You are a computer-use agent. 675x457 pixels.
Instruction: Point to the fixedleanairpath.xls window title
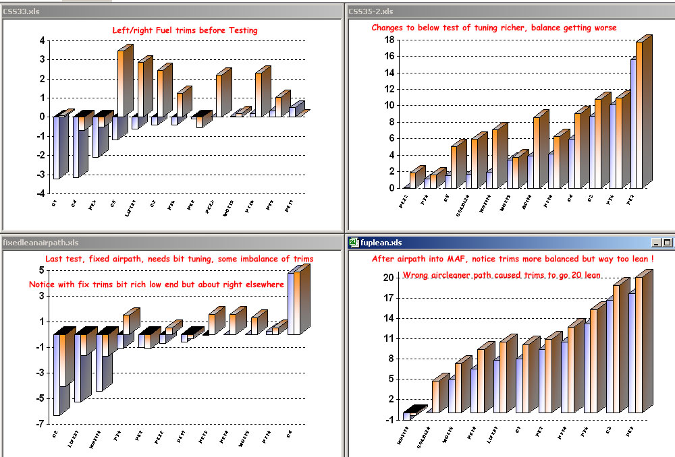coord(41,243)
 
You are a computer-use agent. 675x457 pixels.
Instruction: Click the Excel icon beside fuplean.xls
coord(353,243)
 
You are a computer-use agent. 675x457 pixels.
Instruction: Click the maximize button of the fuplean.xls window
coord(668,243)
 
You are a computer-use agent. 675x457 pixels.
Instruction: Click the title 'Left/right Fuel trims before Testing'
coord(185,30)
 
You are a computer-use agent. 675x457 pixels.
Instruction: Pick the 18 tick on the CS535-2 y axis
coord(389,40)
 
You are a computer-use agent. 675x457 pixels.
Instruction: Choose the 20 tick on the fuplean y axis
coord(389,278)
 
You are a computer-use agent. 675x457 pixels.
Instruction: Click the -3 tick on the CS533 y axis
coord(41,175)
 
